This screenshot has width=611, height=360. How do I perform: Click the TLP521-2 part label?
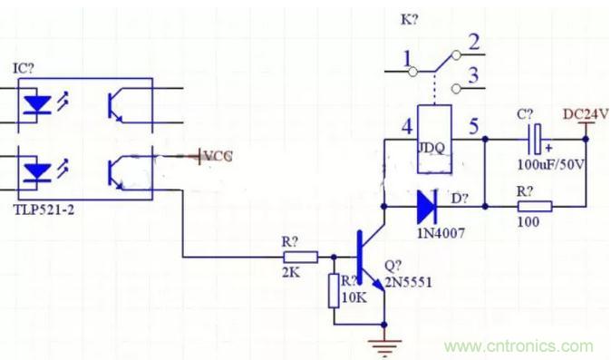pos(44,210)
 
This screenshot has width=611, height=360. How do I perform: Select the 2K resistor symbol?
pos(300,258)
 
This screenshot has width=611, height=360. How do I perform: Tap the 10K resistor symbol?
pos(334,291)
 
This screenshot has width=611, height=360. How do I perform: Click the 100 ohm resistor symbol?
pos(535,206)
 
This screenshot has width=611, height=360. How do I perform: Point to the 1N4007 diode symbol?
pos(427,206)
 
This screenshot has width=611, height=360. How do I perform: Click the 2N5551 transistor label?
pos(408,282)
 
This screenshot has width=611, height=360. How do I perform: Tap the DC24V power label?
pos(586,114)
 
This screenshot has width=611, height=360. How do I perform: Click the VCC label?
pos(218,156)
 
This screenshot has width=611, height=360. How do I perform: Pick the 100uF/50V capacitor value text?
pos(551,165)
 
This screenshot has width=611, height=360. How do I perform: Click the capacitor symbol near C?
pos(536,139)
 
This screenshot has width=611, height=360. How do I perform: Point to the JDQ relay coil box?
pos(434,139)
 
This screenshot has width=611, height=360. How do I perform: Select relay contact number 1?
pos(407,59)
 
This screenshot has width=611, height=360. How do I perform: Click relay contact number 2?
pos(473,42)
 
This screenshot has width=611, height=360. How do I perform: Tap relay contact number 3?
pos(473,74)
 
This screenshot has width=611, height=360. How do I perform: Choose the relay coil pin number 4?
pos(407,126)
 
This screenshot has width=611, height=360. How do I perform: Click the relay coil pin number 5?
pos(473,126)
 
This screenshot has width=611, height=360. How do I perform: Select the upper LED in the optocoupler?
pos(37,105)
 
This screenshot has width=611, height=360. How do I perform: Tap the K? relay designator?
pos(410,19)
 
